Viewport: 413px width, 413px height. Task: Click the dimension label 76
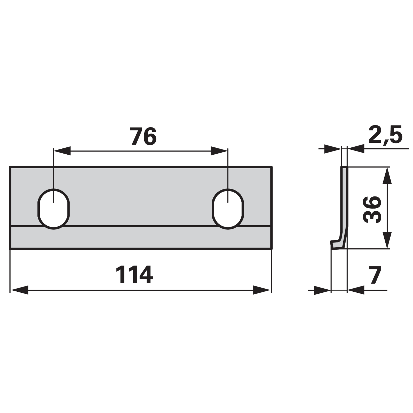(x=144, y=136)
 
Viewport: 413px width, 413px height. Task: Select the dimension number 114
(x=134, y=275)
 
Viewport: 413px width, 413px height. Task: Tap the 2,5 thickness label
(x=385, y=135)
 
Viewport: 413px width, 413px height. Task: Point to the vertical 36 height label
(x=372, y=209)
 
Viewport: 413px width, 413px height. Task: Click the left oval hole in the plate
(x=53, y=209)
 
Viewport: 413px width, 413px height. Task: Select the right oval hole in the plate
(x=228, y=209)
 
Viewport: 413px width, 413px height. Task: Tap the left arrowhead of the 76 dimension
(x=62, y=151)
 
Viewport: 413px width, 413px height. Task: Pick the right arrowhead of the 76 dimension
(x=219, y=151)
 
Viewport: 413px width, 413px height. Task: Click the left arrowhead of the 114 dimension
(x=19, y=290)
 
